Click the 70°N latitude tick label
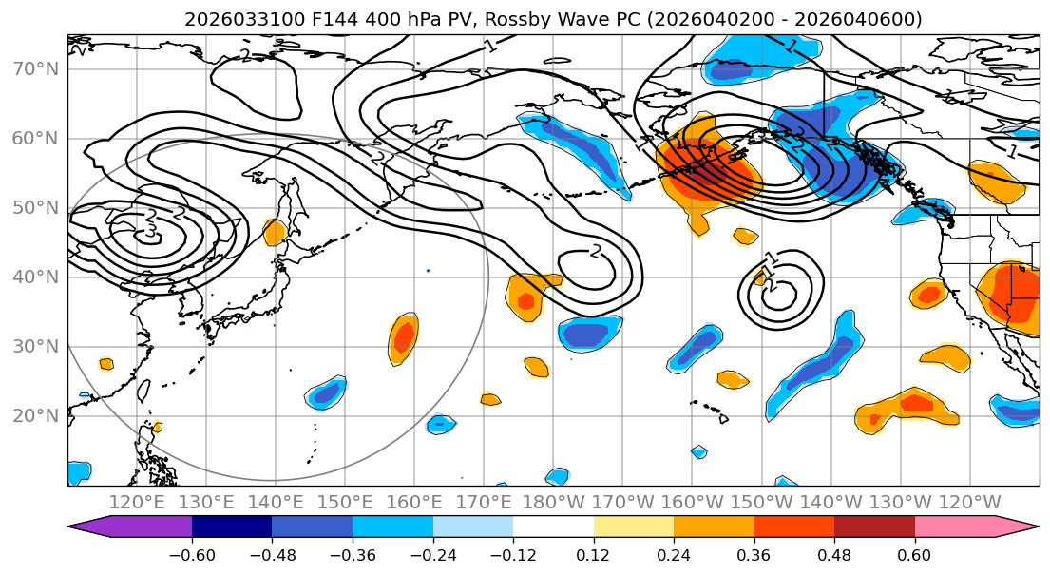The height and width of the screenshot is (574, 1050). click(x=35, y=68)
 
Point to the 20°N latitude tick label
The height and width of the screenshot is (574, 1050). click(x=35, y=415)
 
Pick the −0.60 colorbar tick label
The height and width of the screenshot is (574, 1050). click(x=192, y=554)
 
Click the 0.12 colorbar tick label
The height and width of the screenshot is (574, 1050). click(x=594, y=554)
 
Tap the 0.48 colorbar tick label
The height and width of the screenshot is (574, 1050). click(x=834, y=554)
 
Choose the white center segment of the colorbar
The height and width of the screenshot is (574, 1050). click(x=553, y=527)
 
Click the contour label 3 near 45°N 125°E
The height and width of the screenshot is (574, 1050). click(x=150, y=231)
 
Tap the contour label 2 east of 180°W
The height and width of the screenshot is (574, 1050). click(x=596, y=251)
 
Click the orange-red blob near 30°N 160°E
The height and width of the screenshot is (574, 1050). click(x=404, y=336)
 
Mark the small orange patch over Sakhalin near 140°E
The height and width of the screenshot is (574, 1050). click(x=275, y=232)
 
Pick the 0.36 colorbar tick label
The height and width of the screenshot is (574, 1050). click(x=754, y=554)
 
